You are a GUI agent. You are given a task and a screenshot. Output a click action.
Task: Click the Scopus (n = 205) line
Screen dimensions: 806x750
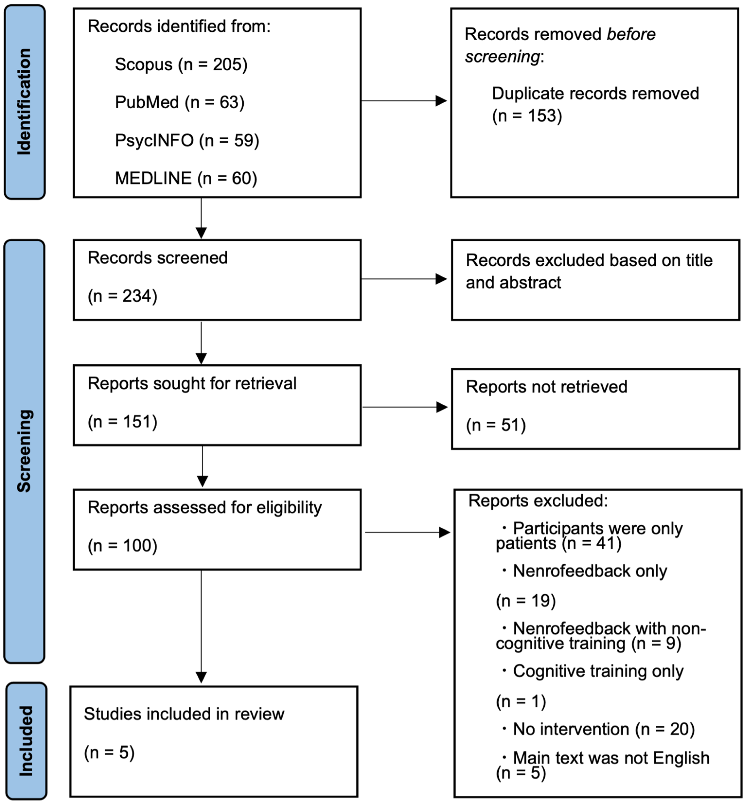pyautogui.click(x=181, y=64)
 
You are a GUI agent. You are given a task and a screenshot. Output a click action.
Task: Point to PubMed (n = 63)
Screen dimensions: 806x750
pyautogui.click(x=180, y=102)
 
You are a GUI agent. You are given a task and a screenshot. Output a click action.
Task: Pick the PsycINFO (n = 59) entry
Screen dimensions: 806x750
pyautogui.click(x=187, y=141)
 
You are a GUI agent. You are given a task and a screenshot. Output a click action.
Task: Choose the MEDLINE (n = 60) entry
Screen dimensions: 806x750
pyautogui.click(x=186, y=178)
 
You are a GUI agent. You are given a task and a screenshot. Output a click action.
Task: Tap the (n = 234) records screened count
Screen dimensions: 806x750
pyautogui.click(x=122, y=296)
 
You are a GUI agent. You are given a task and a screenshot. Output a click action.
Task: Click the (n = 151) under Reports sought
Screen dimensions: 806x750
pyautogui.click(x=122, y=422)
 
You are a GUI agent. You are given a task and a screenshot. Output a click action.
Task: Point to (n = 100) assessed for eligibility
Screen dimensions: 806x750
pyautogui.click(x=122, y=546)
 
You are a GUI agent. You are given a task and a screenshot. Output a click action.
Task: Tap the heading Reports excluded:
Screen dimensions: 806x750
pyautogui.click(x=538, y=501)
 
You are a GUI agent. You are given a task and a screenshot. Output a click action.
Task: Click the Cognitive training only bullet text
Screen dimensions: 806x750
pyautogui.click(x=598, y=671)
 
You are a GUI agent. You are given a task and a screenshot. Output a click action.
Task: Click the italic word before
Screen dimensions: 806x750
pyautogui.click(x=630, y=34)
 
